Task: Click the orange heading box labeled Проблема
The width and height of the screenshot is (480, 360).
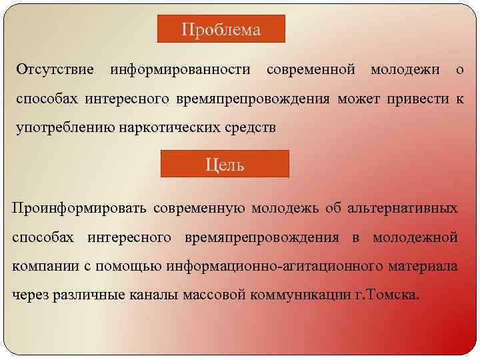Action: (x=221, y=29)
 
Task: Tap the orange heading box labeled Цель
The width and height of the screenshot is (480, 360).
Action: (x=225, y=164)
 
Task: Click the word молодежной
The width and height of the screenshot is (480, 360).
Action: (x=415, y=237)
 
